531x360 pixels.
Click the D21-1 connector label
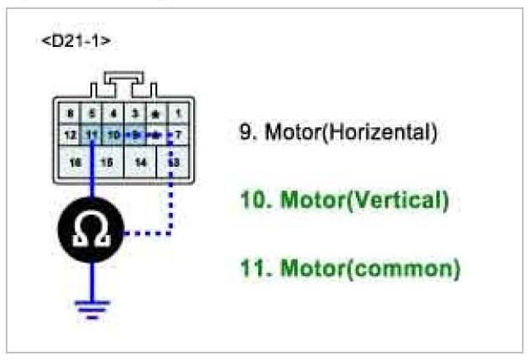pos(75,41)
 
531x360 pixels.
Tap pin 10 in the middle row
pos(114,132)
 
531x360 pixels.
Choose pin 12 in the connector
pos(72,132)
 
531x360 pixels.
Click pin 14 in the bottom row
pos(140,163)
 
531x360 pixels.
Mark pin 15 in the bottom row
pos(106,163)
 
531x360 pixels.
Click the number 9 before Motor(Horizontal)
pos(244,132)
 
